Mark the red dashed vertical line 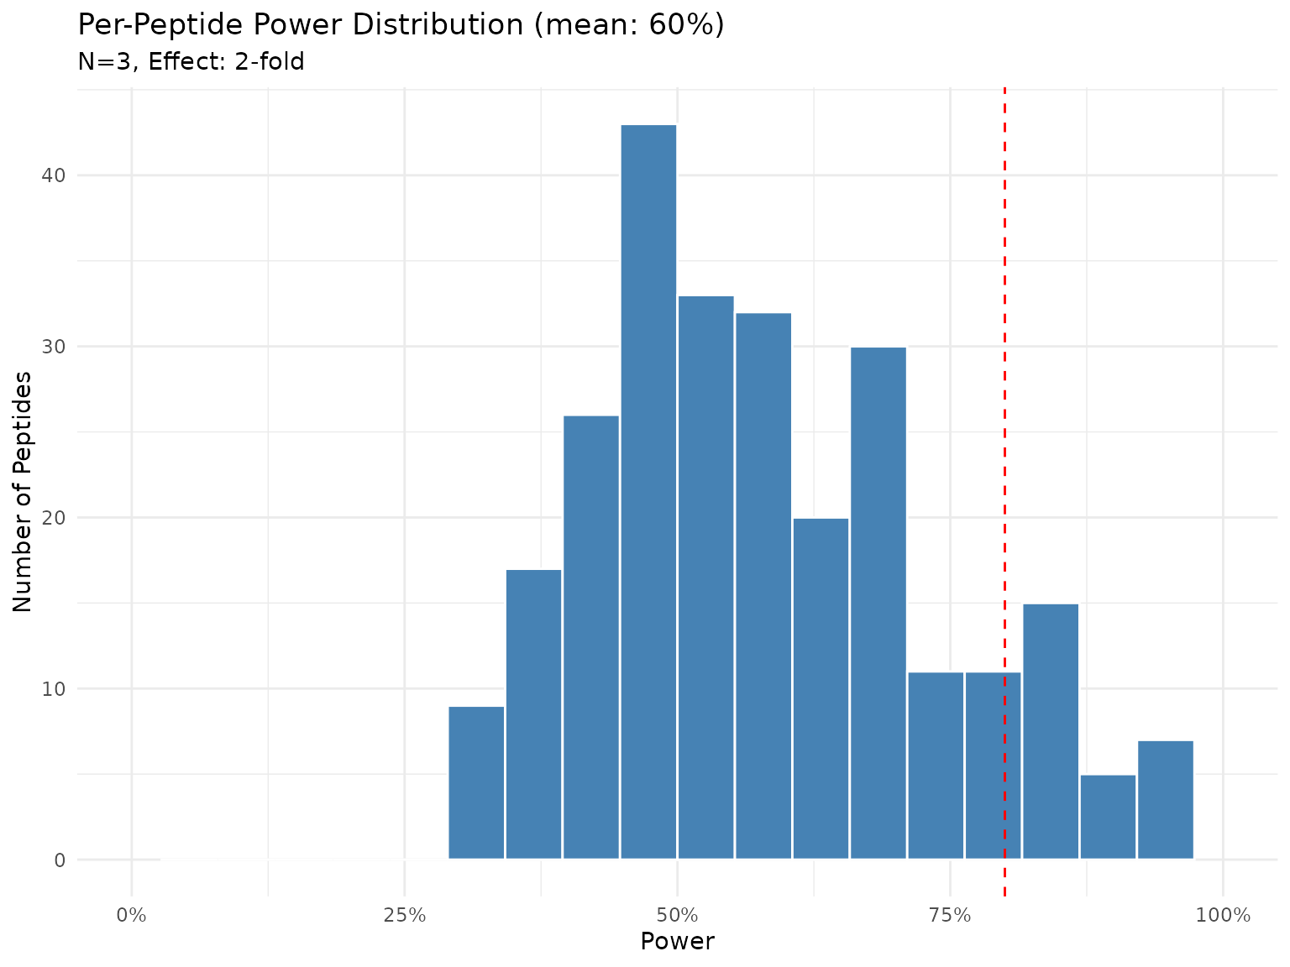[x=1004, y=336]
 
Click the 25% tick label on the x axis [x=404, y=914]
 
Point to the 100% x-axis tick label [x=1223, y=914]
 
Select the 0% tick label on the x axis [x=132, y=914]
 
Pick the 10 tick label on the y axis [x=55, y=689]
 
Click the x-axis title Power [x=677, y=942]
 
